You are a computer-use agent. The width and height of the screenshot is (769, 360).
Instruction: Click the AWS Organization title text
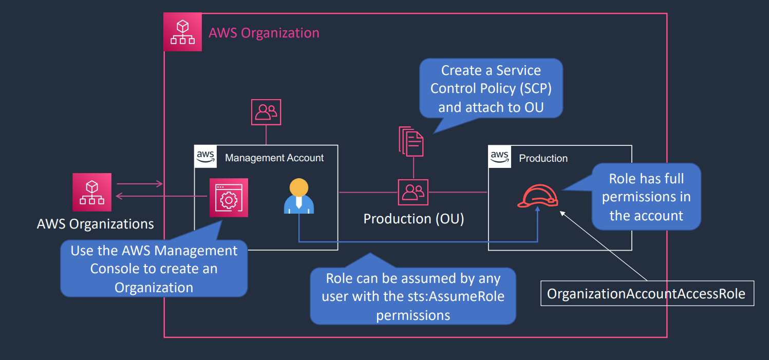[264, 33]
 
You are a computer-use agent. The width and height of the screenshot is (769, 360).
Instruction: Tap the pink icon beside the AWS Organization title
[183, 32]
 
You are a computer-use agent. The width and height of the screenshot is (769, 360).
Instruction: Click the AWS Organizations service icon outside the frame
[92, 192]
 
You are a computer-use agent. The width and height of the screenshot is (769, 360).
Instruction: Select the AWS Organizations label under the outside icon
[95, 224]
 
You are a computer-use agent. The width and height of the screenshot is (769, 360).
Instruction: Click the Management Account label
[274, 158]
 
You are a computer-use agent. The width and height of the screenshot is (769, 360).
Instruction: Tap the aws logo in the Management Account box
[205, 157]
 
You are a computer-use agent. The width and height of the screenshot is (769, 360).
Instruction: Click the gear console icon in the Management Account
[229, 198]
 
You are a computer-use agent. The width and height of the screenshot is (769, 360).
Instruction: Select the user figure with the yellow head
[298, 196]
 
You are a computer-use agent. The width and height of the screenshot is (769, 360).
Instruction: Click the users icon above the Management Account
[266, 112]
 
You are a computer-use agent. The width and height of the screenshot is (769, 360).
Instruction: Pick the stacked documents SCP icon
[411, 141]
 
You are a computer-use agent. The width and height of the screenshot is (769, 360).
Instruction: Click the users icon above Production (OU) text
[413, 192]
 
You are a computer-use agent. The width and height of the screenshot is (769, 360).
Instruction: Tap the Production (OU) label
[414, 219]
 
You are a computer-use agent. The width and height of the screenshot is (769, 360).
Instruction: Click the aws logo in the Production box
[499, 157]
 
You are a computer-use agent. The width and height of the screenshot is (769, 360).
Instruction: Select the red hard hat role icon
[538, 196]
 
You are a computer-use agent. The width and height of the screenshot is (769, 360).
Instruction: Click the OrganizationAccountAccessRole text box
[647, 293]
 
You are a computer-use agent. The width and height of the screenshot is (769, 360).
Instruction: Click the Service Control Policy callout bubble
[491, 88]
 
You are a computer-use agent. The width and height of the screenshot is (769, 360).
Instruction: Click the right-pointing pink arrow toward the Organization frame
[140, 184]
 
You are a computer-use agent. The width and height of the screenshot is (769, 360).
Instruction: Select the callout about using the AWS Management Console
[154, 269]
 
